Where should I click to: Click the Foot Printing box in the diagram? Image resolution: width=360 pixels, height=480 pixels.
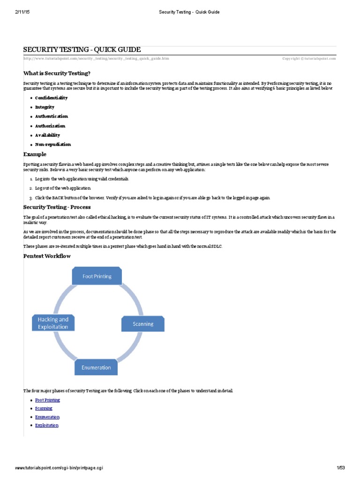(97, 276)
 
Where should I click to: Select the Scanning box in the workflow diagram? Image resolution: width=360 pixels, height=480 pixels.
(143, 324)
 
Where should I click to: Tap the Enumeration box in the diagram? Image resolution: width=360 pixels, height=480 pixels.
(96, 367)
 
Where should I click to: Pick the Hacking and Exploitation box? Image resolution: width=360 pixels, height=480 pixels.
(53, 323)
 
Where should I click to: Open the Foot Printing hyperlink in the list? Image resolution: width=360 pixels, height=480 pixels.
(47, 400)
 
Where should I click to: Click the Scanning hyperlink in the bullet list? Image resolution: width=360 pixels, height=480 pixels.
(44, 408)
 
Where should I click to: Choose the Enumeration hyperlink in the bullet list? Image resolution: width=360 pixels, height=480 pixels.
(47, 417)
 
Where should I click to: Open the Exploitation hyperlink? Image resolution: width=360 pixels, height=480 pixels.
(47, 425)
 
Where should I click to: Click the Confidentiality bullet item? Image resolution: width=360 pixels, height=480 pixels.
(51, 98)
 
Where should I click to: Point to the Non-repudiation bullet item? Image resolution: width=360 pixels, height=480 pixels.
(53, 144)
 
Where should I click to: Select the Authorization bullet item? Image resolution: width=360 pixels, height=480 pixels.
(50, 126)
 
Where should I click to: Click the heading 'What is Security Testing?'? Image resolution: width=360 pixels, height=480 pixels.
(57, 73)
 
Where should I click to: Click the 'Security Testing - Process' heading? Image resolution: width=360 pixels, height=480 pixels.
(57, 207)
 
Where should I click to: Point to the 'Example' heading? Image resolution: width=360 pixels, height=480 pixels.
(35, 154)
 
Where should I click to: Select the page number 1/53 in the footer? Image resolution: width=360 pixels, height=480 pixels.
(340, 468)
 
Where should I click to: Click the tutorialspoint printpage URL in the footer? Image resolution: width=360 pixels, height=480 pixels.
(59, 468)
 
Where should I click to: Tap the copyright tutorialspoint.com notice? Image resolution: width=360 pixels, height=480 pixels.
(309, 59)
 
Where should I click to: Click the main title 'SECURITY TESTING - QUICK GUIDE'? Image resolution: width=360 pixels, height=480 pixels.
(82, 50)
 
